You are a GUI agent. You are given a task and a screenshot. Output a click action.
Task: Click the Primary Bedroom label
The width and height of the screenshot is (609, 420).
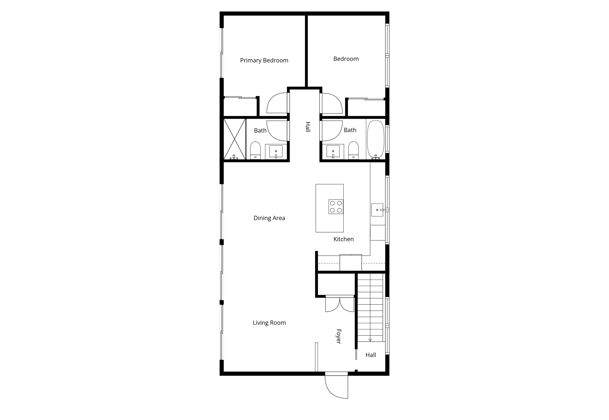[264, 60]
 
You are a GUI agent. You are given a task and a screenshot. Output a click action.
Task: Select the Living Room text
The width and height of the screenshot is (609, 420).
[269, 323]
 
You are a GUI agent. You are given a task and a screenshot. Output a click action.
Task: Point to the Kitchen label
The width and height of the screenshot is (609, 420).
[344, 239]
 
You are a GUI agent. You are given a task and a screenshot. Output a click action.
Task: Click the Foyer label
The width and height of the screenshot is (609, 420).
[339, 336]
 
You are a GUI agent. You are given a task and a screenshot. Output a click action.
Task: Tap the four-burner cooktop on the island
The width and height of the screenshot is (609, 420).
[336, 207]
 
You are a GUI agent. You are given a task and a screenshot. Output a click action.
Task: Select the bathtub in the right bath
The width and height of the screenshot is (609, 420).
[375, 140]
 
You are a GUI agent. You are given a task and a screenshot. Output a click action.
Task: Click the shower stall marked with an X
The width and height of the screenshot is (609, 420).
[235, 139]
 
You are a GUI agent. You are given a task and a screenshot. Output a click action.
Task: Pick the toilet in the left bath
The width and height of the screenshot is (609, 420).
[255, 150]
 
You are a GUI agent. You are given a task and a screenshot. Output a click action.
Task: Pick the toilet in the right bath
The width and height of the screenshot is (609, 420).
[353, 150]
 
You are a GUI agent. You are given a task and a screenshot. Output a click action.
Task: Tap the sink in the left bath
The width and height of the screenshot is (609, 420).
[276, 152]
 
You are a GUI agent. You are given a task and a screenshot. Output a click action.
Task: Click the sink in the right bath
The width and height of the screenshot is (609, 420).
[333, 152]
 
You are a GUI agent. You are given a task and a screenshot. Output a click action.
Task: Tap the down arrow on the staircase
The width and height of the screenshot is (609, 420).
[370, 340]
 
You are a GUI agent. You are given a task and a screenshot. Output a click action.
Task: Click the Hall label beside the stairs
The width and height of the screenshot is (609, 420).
[371, 355]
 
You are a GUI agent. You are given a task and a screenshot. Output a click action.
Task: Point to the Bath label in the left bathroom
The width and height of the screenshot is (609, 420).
[260, 131]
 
